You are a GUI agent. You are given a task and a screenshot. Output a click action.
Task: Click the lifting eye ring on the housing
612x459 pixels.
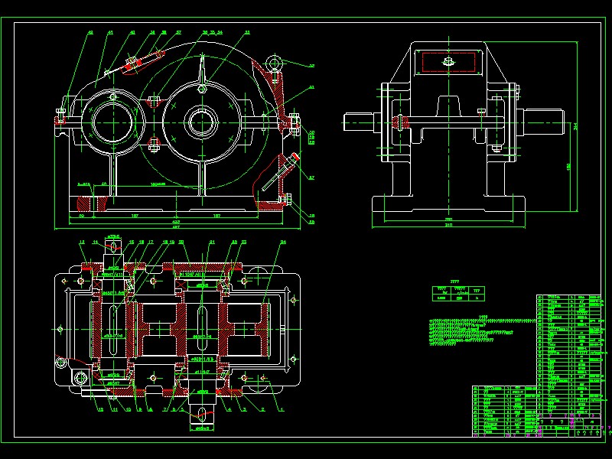click(x=272, y=62)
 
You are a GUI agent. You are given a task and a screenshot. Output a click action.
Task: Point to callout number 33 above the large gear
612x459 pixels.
click(x=247, y=33)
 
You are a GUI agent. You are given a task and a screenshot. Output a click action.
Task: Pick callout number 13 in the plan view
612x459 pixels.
click(x=81, y=243)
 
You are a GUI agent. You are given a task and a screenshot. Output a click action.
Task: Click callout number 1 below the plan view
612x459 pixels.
click(x=281, y=410)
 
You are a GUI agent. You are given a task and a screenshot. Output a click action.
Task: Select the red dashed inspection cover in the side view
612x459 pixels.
click(x=448, y=60)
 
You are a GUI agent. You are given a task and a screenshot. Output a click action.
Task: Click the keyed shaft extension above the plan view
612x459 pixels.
click(x=112, y=249)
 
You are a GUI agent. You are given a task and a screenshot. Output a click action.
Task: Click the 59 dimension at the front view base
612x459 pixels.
click(x=83, y=216)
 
